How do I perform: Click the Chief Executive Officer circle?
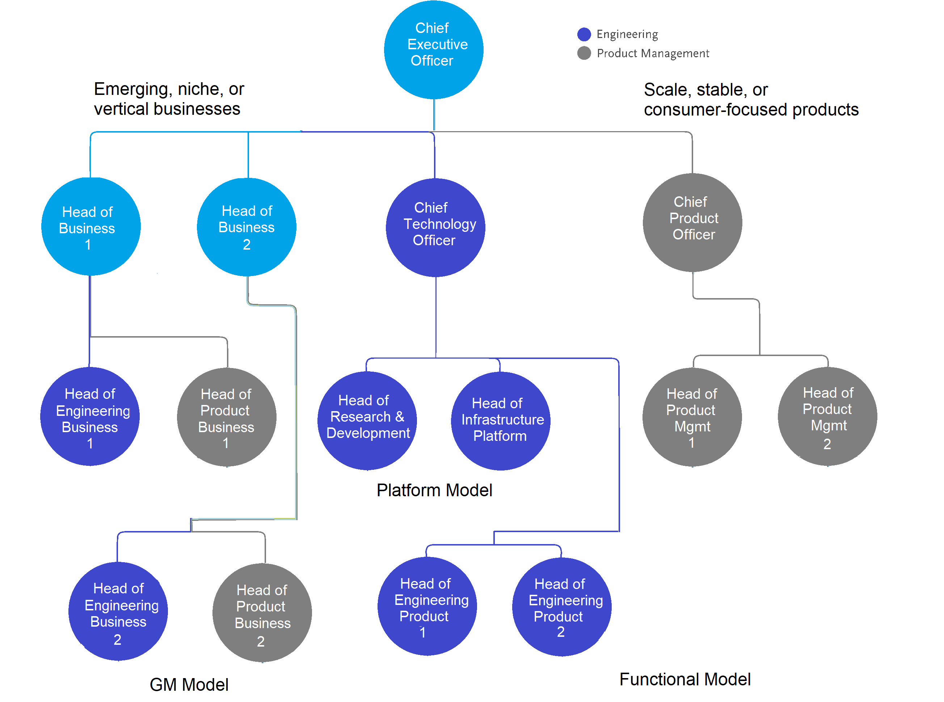point(433,49)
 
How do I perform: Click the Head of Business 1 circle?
point(90,226)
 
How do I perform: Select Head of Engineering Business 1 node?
point(90,417)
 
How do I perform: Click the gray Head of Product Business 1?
point(226,417)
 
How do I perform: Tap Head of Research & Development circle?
point(367,420)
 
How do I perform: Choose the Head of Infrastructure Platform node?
point(500,421)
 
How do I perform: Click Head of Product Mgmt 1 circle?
point(692,417)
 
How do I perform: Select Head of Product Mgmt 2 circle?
point(827,416)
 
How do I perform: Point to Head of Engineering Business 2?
point(118,611)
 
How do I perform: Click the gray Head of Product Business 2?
point(262,612)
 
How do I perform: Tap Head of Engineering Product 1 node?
point(427,606)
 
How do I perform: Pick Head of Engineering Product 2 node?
point(561,606)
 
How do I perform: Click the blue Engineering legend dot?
point(584,34)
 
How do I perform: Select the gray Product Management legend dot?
point(584,53)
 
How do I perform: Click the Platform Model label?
point(434,490)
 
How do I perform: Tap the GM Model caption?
point(189,684)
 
